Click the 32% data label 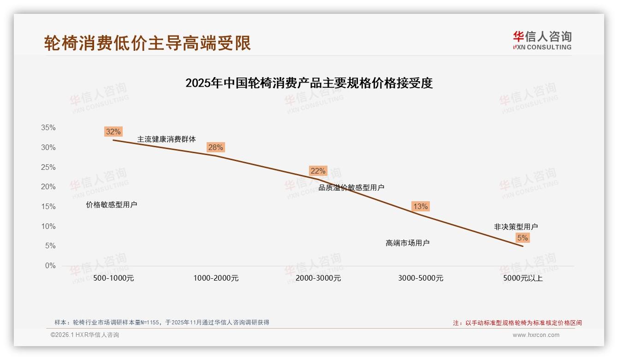(113, 132)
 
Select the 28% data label (215, 147)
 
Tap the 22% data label (318, 171)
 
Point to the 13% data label (420, 206)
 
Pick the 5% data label (523, 238)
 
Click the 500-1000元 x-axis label (113, 278)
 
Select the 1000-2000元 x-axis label (216, 278)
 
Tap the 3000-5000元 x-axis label (421, 278)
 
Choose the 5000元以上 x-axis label (523, 278)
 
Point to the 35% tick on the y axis (48, 128)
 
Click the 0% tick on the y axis (50, 265)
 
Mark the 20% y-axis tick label (48, 187)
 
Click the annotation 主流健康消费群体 (166, 139)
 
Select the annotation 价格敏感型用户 (112, 204)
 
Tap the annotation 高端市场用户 (408, 243)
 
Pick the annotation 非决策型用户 (516, 227)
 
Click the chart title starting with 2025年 (309, 83)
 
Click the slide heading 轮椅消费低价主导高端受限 (148, 43)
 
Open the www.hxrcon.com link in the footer (536, 335)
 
